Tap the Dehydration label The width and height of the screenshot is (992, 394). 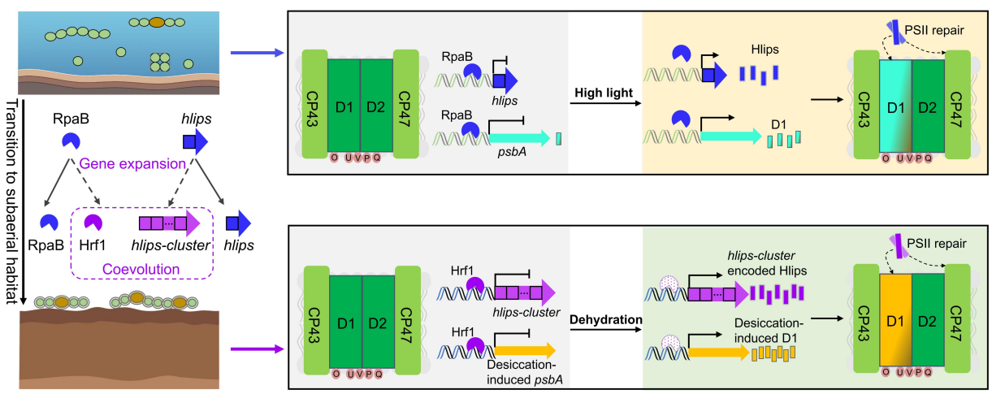606,318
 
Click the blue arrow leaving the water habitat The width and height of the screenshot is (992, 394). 256,54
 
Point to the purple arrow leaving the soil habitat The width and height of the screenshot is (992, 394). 256,350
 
